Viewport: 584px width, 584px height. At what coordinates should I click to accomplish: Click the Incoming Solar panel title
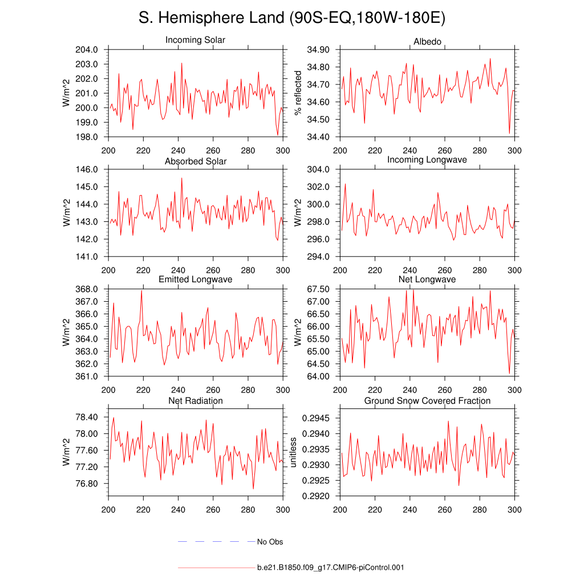tap(195, 40)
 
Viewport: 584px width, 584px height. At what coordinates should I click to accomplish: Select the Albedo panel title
tap(427, 43)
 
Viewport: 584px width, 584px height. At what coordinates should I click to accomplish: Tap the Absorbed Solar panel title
tap(195, 161)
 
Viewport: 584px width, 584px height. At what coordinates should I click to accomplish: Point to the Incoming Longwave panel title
tap(427, 160)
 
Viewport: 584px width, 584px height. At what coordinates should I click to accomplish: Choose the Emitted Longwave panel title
tap(195, 279)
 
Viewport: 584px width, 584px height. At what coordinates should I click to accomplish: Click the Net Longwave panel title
tap(427, 279)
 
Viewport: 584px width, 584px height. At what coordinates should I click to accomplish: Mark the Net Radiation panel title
tap(195, 401)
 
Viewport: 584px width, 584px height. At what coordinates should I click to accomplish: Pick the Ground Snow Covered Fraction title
tap(427, 401)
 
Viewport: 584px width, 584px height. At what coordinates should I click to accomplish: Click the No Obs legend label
tap(270, 542)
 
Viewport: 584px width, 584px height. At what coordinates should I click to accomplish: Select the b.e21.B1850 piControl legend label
tap(331, 567)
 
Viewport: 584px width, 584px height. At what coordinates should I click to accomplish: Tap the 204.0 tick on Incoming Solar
tap(87, 50)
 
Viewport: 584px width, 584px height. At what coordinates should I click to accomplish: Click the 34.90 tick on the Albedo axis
tap(318, 50)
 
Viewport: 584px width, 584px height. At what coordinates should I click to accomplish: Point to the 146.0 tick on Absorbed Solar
tap(87, 169)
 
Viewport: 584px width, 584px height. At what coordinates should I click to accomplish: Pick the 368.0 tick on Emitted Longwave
tap(87, 289)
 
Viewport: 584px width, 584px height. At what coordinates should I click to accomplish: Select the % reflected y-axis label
tap(297, 93)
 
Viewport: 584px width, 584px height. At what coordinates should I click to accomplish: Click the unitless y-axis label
tap(293, 452)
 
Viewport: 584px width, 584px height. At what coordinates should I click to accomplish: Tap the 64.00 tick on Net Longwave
tap(318, 376)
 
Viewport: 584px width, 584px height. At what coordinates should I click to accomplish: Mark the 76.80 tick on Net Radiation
tap(87, 484)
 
